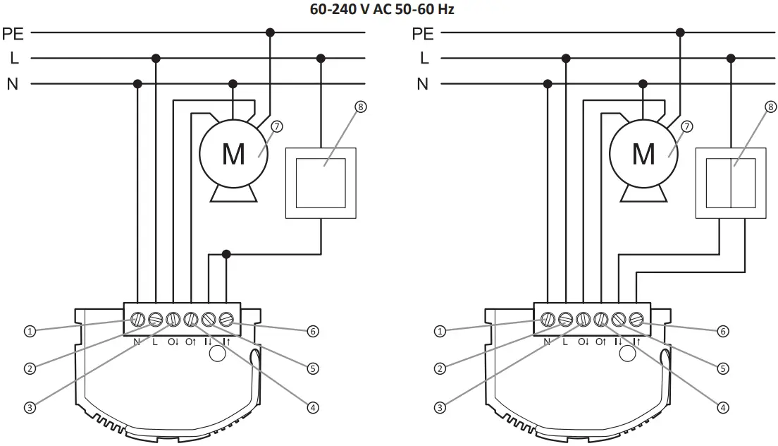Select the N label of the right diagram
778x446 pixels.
422,84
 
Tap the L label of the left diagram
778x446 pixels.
14,58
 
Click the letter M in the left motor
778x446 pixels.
233,154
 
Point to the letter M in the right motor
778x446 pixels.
643,154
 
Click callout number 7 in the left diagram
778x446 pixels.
277,126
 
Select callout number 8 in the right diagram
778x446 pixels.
770,107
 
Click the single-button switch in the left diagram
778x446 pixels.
321,182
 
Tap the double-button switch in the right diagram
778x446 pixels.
731,182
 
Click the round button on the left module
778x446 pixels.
217,354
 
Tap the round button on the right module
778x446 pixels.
627,354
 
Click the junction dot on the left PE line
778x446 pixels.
269,32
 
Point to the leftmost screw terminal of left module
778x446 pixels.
137,320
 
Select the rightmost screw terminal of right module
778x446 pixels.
636,320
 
